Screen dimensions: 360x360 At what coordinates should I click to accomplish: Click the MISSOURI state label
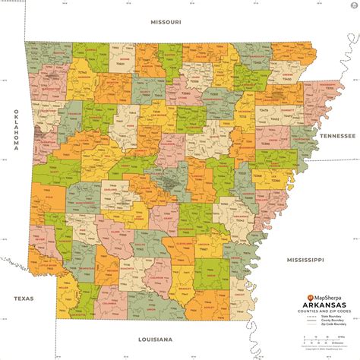click(166, 22)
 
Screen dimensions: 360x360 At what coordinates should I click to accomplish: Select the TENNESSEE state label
click(336, 134)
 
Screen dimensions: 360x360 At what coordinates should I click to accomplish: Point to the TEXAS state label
click(14, 298)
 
